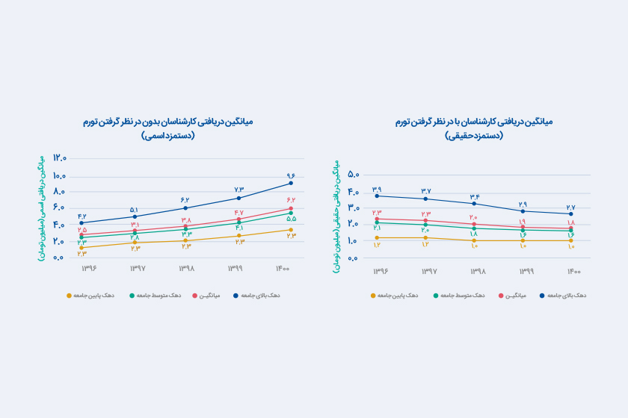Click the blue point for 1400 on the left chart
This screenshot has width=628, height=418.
click(291, 183)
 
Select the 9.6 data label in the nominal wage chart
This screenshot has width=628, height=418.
click(291, 175)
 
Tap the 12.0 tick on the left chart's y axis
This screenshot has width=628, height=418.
click(60, 159)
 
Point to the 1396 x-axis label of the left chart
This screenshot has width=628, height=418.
click(81, 268)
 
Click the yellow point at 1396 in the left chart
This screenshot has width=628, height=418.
click(81, 248)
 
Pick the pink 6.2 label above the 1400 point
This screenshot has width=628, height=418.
click(291, 200)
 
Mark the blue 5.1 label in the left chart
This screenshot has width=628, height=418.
click(135, 210)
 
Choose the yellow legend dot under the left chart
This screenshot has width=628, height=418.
click(70, 296)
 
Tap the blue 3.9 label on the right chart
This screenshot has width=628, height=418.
click(377, 189)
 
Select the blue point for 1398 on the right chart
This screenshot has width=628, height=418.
click(474, 204)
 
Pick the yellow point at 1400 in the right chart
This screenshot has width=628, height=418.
click(570, 240)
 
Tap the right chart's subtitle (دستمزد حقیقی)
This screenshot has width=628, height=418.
click(474, 136)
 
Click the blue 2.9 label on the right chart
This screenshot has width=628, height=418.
click(523, 205)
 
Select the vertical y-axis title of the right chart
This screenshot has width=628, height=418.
click(339, 216)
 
